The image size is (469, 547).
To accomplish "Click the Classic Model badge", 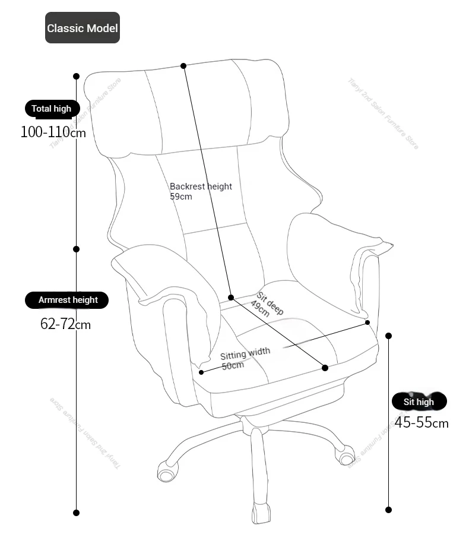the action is tap(83, 27).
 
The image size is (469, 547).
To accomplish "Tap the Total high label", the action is tap(52, 109).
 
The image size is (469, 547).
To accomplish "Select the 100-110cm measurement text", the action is tap(53, 132).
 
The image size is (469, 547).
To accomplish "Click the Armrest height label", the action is tap(66, 300).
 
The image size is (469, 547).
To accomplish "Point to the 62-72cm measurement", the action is tap(65, 324).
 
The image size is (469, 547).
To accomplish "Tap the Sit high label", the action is tap(419, 401).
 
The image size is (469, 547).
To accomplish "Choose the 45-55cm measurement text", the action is tap(422, 422).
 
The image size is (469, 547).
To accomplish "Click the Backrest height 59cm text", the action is tap(201, 191).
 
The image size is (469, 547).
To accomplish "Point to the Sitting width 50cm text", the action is tap(245, 359).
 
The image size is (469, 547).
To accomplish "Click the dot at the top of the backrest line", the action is tap(183, 65).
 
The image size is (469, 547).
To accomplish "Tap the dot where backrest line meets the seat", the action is tap(231, 297).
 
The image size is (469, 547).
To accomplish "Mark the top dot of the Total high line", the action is tap(77, 76).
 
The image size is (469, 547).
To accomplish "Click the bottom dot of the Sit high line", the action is tap(389, 510).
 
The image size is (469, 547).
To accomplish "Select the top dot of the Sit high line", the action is tap(389, 336).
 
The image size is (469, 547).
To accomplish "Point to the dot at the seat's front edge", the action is tap(325, 368).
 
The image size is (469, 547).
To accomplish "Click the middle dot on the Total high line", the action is tap(77, 249).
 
